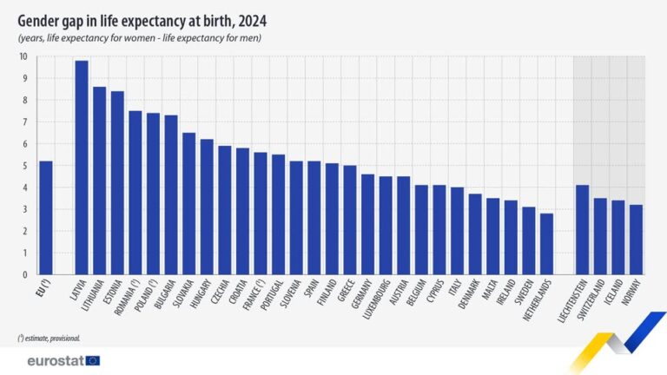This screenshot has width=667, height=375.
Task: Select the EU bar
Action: pyautogui.click(x=46, y=218)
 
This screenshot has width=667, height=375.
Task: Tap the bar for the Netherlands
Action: pyautogui.click(x=546, y=244)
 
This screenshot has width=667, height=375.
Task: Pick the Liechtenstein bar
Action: pyautogui.click(x=582, y=230)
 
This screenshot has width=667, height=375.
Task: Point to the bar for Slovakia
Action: pyautogui.click(x=188, y=204)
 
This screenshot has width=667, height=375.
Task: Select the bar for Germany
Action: pyautogui.click(x=367, y=225)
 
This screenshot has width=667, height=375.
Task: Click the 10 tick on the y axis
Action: pyautogui.click(x=23, y=57)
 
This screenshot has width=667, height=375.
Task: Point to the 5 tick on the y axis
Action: pyautogui.click(x=24, y=166)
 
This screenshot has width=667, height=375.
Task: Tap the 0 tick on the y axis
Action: pyautogui.click(x=24, y=275)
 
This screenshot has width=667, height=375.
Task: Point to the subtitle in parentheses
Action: pyautogui.click(x=139, y=38)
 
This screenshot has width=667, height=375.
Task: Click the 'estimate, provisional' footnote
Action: pyautogui.click(x=49, y=337)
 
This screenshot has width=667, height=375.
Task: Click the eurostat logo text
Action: pyautogui.click(x=55, y=360)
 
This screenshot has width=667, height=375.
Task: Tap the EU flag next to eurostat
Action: pyautogui.click(x=92, y=360)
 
